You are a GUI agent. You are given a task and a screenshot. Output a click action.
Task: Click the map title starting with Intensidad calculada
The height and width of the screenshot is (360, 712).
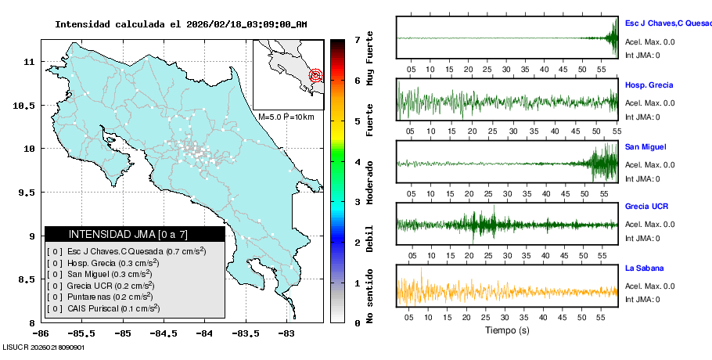pos(181,24)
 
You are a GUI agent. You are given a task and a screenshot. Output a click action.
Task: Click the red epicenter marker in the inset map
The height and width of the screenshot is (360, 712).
pos(315,76)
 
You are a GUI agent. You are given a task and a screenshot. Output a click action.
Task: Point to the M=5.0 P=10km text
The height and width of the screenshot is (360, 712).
pos(286,117)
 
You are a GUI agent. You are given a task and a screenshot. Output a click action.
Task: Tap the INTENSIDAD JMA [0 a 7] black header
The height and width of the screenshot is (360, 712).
pos(135,234)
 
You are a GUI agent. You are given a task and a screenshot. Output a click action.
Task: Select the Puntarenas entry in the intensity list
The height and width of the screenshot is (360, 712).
pos(110,297)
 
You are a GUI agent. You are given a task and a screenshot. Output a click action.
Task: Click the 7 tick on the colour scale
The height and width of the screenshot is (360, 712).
pos(356,39)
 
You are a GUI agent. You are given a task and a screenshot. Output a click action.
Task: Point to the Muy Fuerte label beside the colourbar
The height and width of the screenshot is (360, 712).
pos(370,62)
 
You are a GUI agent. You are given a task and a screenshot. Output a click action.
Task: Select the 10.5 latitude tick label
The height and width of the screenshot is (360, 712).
pos(29,105)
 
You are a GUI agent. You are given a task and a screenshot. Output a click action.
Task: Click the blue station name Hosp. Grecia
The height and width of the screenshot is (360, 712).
pos(649,85)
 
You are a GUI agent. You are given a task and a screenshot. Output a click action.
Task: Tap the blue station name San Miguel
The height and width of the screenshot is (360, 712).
pos(645,147)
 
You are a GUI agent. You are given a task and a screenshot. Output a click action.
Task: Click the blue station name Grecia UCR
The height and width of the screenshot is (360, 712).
pos(646,207)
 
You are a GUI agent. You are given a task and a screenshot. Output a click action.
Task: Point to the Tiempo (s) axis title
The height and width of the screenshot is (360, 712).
pos(507,331)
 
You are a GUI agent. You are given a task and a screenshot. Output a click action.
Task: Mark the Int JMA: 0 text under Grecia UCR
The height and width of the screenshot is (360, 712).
pos(642,238)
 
